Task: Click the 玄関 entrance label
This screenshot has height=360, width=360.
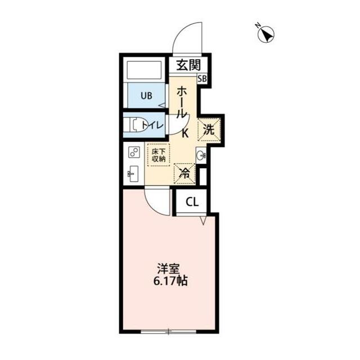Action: (188, 65)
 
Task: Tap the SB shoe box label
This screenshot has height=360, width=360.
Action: (202, 79)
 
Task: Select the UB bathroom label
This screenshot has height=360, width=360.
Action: (146, 96)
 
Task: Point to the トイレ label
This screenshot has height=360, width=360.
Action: (152, 125)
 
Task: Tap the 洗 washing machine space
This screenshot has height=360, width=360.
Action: (209, 129)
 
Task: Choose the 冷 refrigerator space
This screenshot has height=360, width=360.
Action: (184, 174)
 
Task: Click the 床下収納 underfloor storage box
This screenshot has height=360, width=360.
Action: (159, 155)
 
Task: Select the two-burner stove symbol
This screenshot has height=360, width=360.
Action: (134, 152)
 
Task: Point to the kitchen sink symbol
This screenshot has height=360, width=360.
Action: (133, 174)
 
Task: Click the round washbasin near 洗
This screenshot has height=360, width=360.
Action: (201, 156)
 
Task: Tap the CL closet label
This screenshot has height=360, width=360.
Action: (192, 202)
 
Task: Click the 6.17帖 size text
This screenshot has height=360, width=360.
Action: (170, 281)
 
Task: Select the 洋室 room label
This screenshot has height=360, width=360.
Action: (168, 269)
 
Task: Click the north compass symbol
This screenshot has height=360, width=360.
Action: (265, 34)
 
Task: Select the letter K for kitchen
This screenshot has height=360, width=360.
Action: (185, 133)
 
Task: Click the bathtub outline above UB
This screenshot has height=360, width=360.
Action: (145, 70)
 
